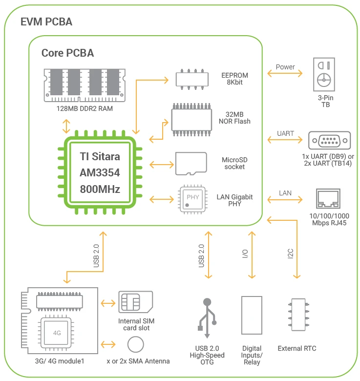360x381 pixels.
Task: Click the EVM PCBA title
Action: pyautogui.click(x=46, y=22)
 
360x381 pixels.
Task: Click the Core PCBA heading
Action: pyautogui.click(x=67, y=53)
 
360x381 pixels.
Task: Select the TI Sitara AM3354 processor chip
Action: pyautogui.click(x=100, y=173)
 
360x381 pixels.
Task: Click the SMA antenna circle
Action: pyautogui.click(x=135, y=345)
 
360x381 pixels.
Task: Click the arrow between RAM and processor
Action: pyautogui.click(x=66, y=126)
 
